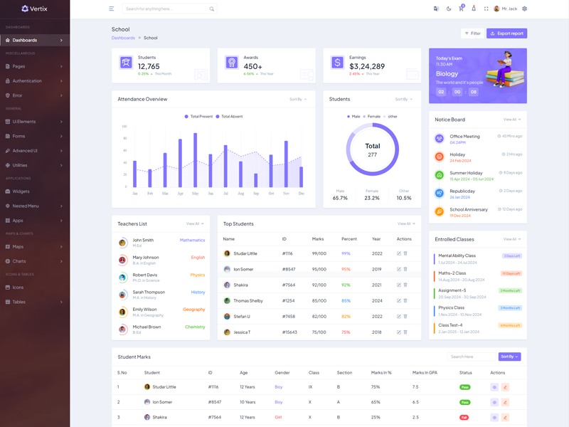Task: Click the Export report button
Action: click(x=507, y=33)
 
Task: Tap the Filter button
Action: click(x=472, y=33)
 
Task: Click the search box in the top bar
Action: click(x=168, y=9)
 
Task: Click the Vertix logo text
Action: click(x=39, y=9)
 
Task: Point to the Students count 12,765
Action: click(x=149, y=66)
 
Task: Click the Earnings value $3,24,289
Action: click(x=367, y=66)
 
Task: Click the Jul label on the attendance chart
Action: click(x=225, y=194)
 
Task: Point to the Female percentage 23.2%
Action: click(x=372, y=198)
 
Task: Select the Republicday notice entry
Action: click(x=462, y=191)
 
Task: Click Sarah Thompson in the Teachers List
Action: click(x=149, y=292)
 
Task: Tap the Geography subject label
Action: click(x=193, y=310)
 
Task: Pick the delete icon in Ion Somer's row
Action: click(x=405, y=269)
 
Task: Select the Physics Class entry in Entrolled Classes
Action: click(x=451, y=308)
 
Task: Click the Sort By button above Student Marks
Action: click(x=509, y=357)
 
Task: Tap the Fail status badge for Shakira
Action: click(x=464, y=418)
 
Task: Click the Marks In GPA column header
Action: click(x=425, y=372)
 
